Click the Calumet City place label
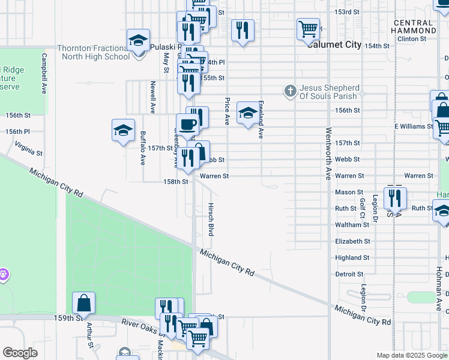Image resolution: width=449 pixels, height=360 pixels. [x=334, y=45]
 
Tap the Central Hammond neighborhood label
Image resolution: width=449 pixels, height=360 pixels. [x=414, y=26]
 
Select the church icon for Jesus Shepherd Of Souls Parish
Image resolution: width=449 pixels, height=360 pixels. [x=291, y=91]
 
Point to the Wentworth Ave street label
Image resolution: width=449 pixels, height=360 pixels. [x=328, y=153]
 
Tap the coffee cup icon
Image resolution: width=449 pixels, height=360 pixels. [x=188, y=124]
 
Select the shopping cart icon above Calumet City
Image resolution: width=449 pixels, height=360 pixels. [x=308, y=28]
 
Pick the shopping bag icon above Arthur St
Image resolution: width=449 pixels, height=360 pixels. [x=84, y=302]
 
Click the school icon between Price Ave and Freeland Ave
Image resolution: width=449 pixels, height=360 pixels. [x=247, y=112]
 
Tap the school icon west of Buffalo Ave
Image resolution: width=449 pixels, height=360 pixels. [x=123, y=130]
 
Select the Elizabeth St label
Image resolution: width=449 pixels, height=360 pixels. [x=352, y=241]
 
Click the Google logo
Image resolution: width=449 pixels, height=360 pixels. [x=20, y=353]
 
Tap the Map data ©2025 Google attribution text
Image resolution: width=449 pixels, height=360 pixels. [x=411, y=355]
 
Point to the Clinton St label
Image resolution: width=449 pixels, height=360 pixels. [x=411, y=38]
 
